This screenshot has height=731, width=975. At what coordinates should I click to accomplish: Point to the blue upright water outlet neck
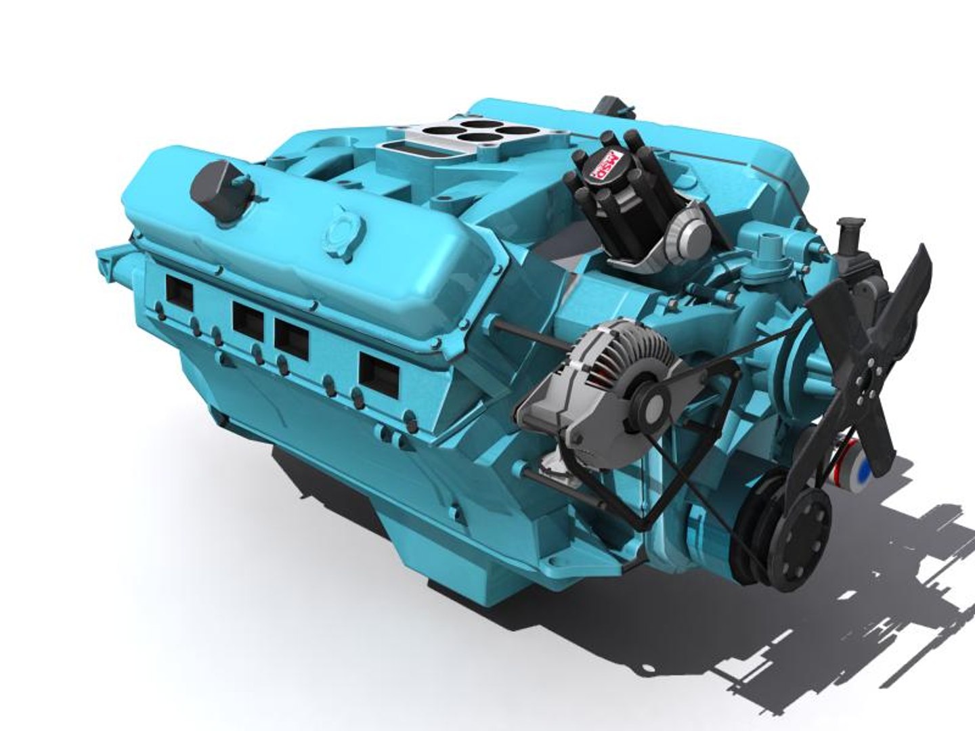768,250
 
